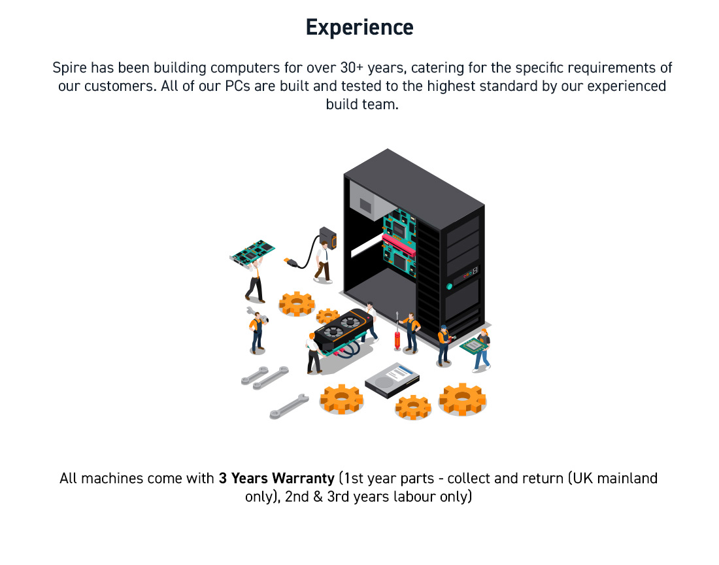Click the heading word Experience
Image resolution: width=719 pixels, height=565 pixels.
pyautogui.click(x=359, y=27)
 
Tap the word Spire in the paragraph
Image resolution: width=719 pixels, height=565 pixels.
pyautogui.click(x=69, y=68)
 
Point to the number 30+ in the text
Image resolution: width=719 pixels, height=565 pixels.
pyautogui.click(x=352, y=67)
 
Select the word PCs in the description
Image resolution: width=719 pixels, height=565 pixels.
pyautogui.click(x=237, y=86)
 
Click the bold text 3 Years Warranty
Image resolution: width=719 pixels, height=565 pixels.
pyautogui.click(x=276, y=478)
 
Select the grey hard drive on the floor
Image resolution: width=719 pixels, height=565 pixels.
pyautogui.click(x=393, y=380)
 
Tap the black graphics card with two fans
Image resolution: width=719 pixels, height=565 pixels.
pyautogui.click(x=343, y=328)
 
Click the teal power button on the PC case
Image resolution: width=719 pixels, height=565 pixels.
pyautogui.click(x=450, y=286)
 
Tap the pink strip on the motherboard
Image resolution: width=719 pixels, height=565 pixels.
pyautogui.click(x=399, y=246)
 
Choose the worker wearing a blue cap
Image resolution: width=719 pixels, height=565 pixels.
pyautogui.click(x=444, y=346)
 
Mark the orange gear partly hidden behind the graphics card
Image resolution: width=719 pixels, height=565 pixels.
pyautogui.click(x=327, y=316)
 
